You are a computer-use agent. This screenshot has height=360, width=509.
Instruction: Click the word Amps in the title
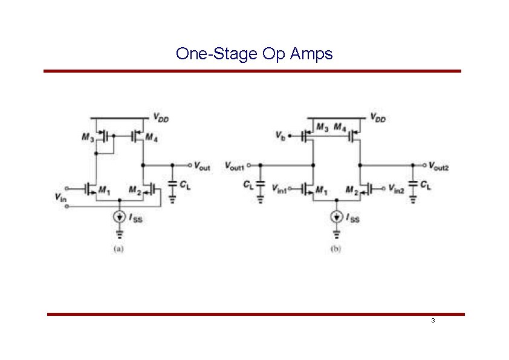tap(311, 54)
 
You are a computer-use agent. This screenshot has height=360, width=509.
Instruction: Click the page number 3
tap(433, 320)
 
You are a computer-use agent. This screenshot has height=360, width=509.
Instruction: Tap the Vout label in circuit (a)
tap(202, 166)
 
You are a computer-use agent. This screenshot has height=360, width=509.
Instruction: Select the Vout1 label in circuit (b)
tap(235, 165)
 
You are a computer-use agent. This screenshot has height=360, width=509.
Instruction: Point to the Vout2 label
tap(440, 166)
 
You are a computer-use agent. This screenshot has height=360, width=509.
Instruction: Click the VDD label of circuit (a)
tap(161, 119)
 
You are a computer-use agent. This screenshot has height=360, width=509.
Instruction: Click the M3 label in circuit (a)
tap(88, 137)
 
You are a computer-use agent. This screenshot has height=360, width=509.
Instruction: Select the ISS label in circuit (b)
tap(352, 218)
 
